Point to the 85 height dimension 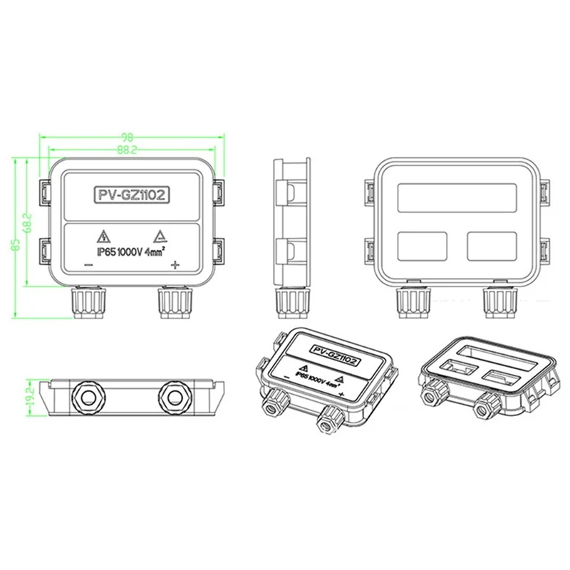pos(15,244)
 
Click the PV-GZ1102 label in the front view pos(131,193)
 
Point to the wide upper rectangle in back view pos(457,196)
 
